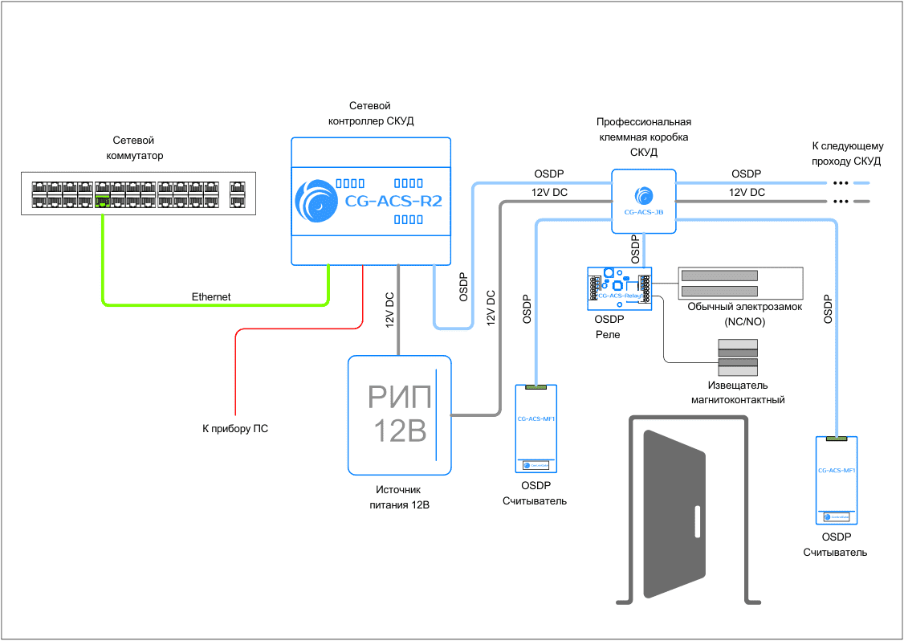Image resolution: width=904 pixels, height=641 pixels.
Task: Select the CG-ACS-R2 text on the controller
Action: tap(393, 202)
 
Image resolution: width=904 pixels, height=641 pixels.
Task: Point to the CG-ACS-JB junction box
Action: tap(643, 201)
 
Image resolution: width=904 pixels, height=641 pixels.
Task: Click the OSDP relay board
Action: tap(619, 288)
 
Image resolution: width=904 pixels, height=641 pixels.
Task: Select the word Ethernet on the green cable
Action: tap(211, 297)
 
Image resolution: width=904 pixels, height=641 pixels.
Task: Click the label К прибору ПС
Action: tap(235, 429)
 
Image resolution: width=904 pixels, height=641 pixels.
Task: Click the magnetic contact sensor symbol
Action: tap(738, 357)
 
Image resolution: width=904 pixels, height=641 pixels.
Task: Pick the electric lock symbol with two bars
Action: tap(739, 283)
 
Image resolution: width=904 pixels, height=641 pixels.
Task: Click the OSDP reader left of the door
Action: tap(535, 429)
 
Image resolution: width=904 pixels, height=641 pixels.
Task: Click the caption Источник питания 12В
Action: tap(398, 497)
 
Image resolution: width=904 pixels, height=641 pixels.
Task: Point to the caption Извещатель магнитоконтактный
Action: tap(737, 392)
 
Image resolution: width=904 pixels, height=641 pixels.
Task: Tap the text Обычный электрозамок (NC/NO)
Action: tap(744, 313)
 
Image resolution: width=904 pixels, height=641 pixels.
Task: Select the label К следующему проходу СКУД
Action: tap(847, 154)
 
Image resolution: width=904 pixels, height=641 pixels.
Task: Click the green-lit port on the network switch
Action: tap(102, 199)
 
